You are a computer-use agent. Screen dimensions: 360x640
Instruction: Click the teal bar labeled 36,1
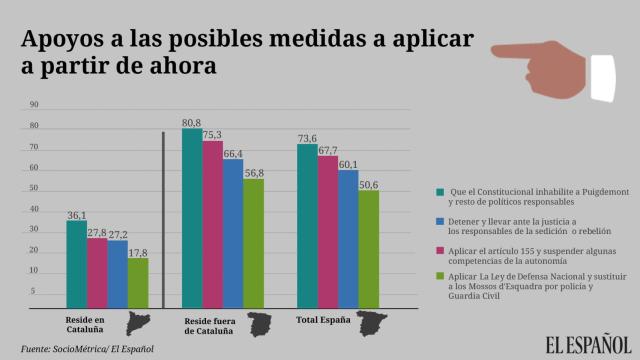(76, 262)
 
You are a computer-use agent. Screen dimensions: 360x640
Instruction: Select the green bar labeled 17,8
(138, 281)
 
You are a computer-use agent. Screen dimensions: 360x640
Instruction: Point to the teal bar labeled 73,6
(307, 224)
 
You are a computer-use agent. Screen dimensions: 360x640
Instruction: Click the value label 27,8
(97, 232)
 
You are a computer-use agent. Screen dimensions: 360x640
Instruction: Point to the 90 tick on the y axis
(34, 105)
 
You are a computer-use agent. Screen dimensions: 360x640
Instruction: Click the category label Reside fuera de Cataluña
(211, 324)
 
